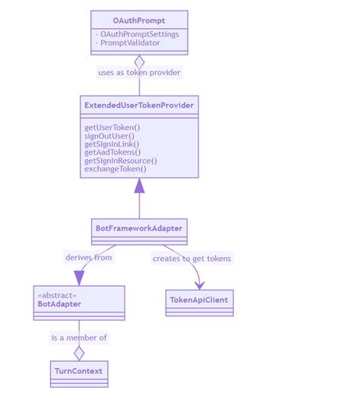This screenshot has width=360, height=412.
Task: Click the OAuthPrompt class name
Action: (x=139, y=20)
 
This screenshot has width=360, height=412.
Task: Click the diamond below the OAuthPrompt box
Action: (x=139, y=62)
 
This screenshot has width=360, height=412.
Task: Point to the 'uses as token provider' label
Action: (x=139, y=73)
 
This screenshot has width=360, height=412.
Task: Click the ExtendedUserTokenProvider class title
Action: (x=139, y=105)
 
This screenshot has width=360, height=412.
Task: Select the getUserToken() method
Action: (x=112, y=127)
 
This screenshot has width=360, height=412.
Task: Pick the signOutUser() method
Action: (x=109, y=136)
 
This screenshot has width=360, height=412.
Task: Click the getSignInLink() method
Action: (x=112, y=144)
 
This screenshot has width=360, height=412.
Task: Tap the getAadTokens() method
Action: (x=112, y=153)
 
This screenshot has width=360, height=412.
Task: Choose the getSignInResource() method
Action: (x=121, y=161)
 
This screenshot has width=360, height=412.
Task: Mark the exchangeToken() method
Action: (x=115, y=169)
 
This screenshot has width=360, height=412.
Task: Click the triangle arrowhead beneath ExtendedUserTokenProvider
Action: (x=139, y=186)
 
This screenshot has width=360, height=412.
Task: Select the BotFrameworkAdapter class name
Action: (x=139, y=228)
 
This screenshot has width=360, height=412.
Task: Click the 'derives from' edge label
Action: (x=89, y=258)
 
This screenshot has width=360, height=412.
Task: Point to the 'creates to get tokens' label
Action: (x=191, y=259)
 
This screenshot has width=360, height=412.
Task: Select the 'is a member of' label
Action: (x=79, y=338)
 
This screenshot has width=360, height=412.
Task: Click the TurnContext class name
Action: (x=79, y=371)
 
